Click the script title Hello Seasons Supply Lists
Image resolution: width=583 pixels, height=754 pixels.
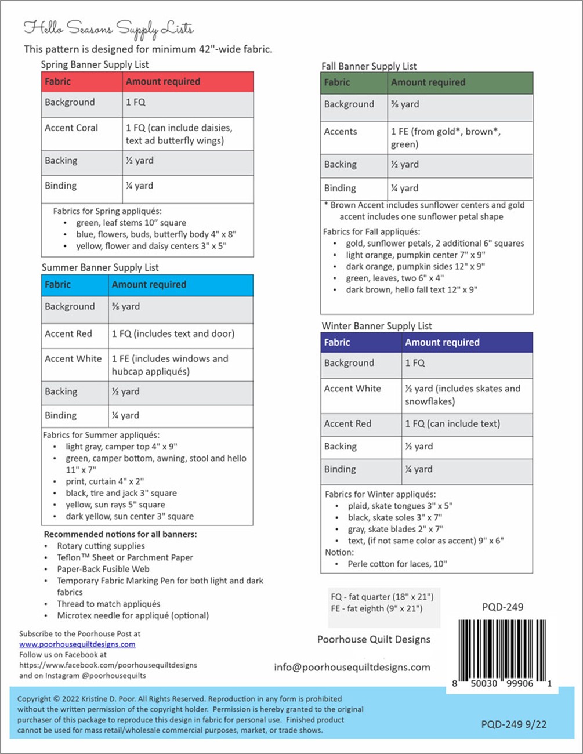pos(108,28)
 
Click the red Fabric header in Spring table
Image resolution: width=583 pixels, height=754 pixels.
pos(58,82)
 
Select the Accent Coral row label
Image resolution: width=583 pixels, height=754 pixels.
pos(71,128)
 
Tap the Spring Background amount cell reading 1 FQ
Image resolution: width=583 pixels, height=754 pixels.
pos(136,102)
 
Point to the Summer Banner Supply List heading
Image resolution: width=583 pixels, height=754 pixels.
pos(100,267)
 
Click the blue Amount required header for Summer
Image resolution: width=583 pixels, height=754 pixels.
pos(149,285)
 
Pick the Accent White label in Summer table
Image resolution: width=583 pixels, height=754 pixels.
pos(73,358)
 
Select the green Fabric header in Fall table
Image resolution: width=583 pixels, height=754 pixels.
pos(337,82)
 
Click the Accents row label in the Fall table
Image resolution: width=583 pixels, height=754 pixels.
pos(341,132)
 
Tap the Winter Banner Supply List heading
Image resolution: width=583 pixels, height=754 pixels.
pos(376,326)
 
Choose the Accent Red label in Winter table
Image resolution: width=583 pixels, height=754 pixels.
pos(347,423)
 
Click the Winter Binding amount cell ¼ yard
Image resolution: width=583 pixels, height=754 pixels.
pos(419,469)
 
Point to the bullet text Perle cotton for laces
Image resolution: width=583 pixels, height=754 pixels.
pos(397,564)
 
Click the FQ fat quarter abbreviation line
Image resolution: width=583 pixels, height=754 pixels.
pos(382,597)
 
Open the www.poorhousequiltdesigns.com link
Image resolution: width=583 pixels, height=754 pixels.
pos(77,644)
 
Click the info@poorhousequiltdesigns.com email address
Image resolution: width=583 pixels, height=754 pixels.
pos(352,667)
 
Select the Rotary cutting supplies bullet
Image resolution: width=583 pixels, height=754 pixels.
pos(101,546)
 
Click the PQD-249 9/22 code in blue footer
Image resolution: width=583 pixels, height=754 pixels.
pos(513,724)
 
